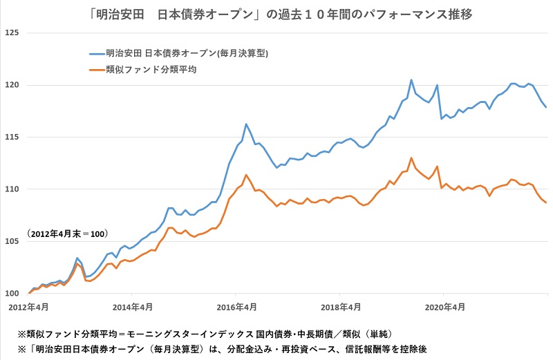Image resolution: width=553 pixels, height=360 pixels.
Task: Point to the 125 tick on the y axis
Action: (12, 32)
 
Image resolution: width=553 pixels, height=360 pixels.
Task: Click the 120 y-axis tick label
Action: (12, 85)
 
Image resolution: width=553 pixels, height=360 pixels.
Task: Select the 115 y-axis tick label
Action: (12, 137)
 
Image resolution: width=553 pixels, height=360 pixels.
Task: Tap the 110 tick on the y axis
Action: (12, 189)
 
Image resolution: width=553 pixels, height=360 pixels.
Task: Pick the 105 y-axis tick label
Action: (12, 241)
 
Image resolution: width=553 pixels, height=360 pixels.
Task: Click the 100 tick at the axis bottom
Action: (12, 293)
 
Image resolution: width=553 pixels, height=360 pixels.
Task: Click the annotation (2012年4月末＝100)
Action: (67, 234)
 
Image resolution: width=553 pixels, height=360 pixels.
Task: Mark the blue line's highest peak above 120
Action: (411, 80)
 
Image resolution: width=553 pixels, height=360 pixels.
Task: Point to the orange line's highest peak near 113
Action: (411, 158)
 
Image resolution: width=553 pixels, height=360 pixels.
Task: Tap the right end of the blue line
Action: (546, 107)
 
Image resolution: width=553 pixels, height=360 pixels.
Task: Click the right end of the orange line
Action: (546, 202)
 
